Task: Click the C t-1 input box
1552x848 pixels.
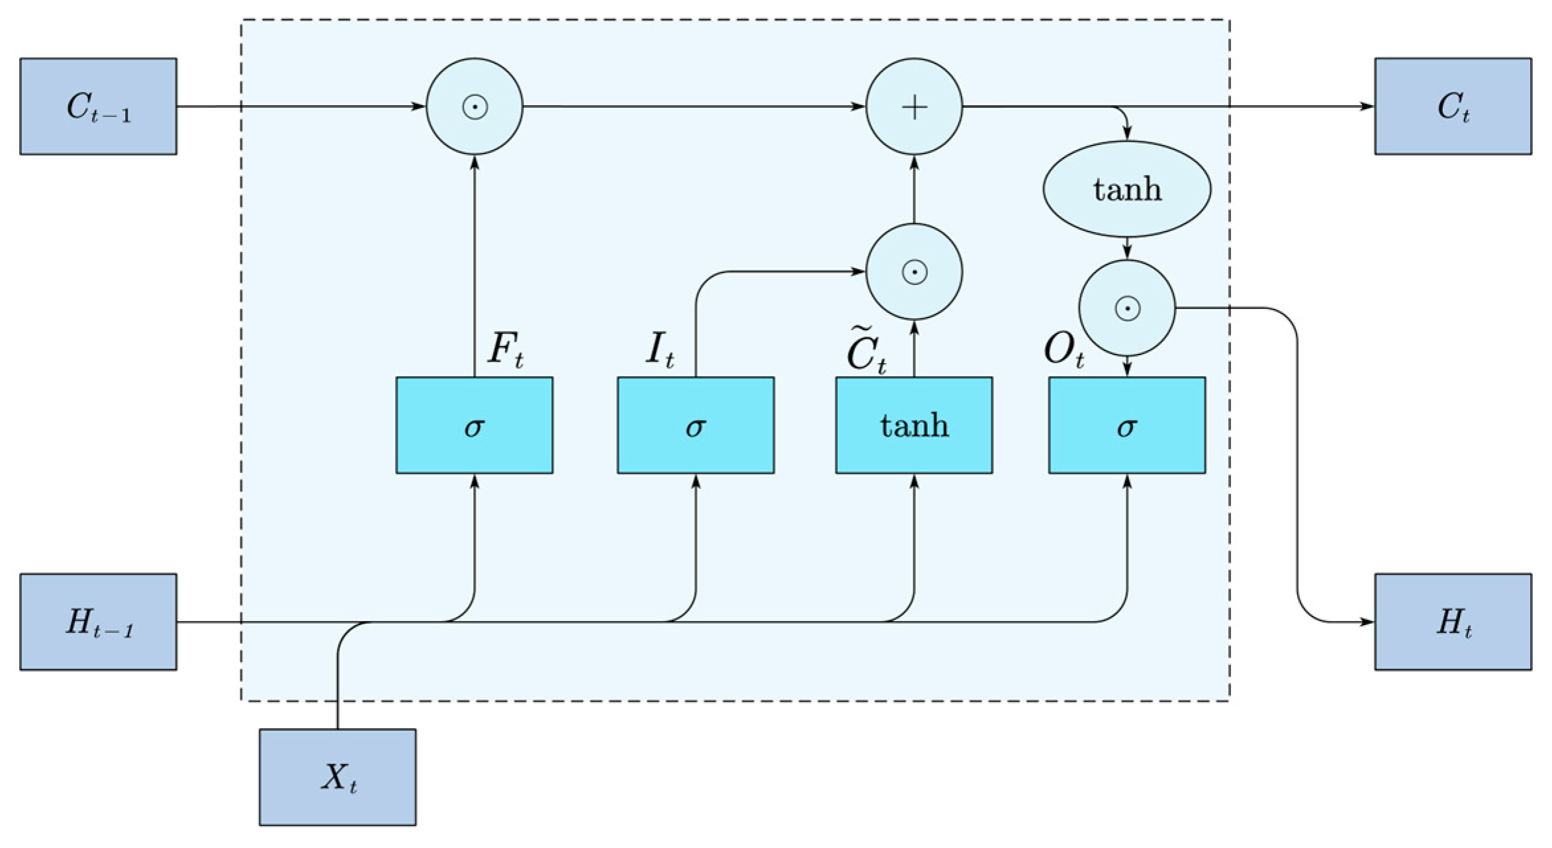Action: click(x=98, y=106)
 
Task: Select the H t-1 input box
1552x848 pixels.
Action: click(x=98, y=622)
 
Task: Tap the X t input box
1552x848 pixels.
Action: click(x=338, y=777)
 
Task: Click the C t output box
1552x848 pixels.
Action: click(x=1453, y=106)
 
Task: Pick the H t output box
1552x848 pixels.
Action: click(x=1453, y=622)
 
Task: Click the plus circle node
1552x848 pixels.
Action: click(x=914, y=106)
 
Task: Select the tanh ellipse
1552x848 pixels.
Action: click(x=1126, y=189)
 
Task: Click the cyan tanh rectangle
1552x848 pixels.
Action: click(x=914, y=425)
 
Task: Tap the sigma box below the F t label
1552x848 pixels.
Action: click(x=474, y=425)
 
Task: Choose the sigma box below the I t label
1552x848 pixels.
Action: click(x=696, y=425)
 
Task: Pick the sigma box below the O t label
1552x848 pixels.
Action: click(x=1126, y=425)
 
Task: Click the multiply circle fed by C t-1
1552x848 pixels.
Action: click(x=474, y=106)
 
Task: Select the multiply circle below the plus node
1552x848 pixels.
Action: click(x=914, y=272)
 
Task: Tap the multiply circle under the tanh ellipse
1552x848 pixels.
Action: click(x=1126, y=308)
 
